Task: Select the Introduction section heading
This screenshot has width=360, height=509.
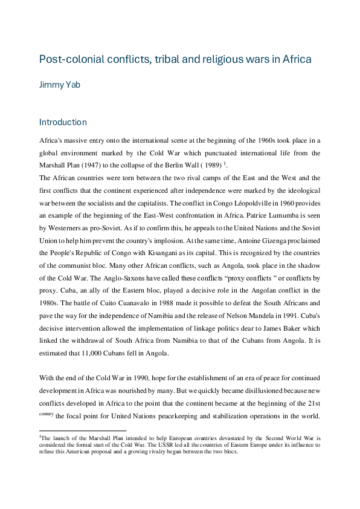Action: tap(63, 122)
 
